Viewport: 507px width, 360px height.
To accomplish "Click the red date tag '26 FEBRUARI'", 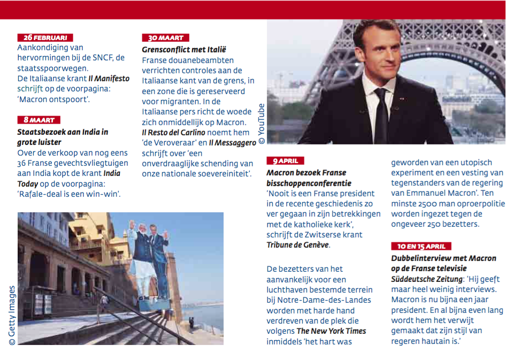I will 45,37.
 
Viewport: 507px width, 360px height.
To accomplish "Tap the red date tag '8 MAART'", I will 39,120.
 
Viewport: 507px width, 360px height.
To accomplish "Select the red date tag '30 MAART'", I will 166,38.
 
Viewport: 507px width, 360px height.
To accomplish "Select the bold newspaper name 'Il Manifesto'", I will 109,79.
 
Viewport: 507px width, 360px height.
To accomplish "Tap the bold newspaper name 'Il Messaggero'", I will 234,142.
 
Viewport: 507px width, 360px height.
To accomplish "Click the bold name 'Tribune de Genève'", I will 298,245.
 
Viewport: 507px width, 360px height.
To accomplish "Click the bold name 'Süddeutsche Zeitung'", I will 428,279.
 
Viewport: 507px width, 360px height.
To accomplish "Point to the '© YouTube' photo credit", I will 262,124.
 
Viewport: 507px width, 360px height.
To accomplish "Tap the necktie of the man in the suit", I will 380,114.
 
